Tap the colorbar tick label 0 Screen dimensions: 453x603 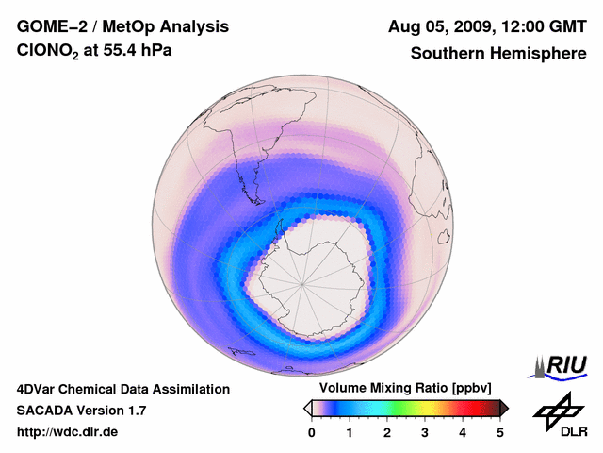click(312, 432)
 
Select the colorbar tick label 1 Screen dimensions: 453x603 click(350, 432)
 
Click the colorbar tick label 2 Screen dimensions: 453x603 click(387, 432)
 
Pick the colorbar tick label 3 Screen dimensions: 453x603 click(425, 432)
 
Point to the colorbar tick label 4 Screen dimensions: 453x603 click(463, 432)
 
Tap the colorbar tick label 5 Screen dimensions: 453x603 click(500, 432)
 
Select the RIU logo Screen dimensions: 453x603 click(563, 365)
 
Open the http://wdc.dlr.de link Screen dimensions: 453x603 click(68, 432)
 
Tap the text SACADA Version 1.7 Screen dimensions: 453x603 click(81, 411)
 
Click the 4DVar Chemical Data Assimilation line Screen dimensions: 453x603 click(122, 389)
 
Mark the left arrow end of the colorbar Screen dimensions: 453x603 click(307, 408)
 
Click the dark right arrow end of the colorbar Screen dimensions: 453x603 click(504, 408)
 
